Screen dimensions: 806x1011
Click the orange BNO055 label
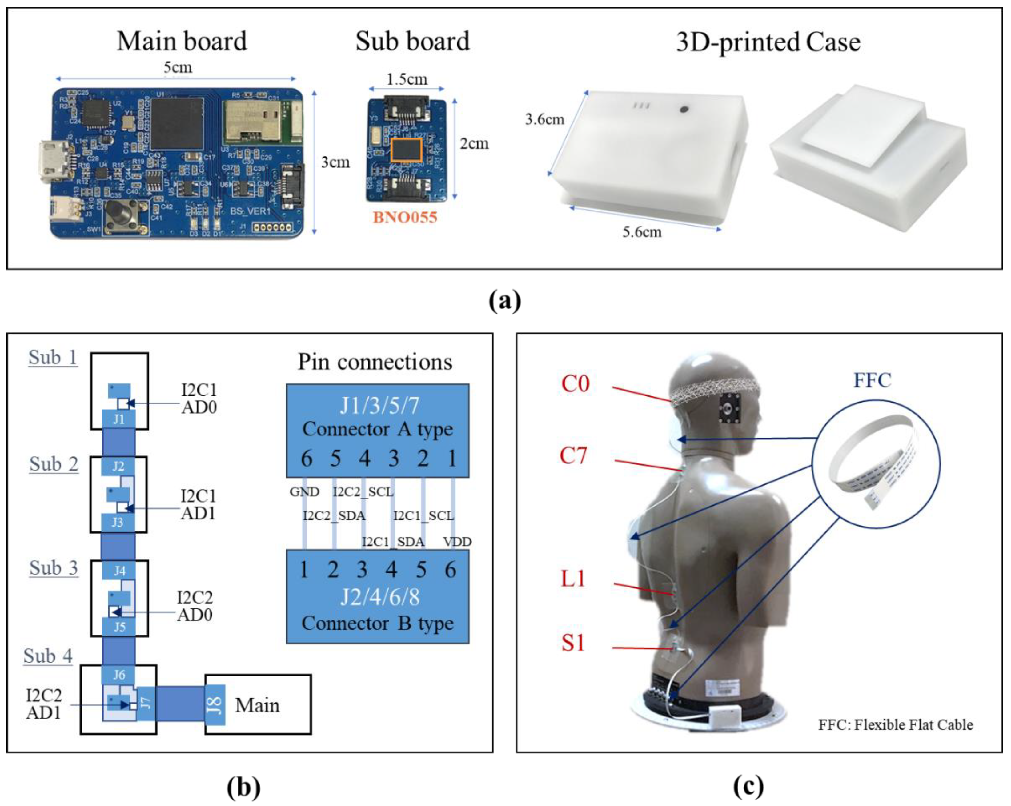(x=405, y=217)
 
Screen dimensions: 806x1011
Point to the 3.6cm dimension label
(x=544, y=120)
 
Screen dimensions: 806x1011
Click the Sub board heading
(x=412, y=41)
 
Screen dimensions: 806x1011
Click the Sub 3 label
(x=54, y=568)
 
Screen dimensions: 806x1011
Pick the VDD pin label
(x=457, y=542)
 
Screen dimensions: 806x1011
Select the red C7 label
(x=573, y=455)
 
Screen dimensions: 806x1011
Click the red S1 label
(x=573, y=642)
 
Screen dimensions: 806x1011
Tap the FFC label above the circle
(x=872, y=380)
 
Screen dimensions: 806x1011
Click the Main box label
(x=257, y=705)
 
